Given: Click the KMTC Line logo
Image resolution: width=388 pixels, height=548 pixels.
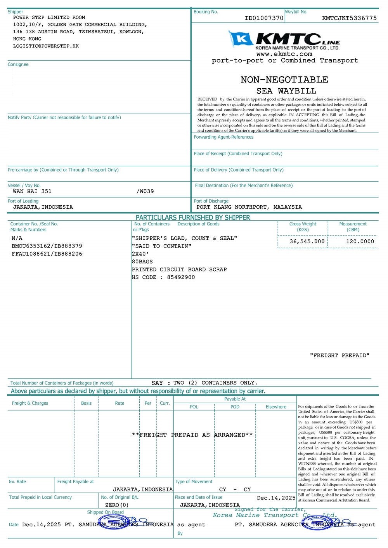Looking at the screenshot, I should coord(284,40).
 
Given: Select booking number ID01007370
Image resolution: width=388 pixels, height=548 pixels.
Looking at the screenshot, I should coord(264,18).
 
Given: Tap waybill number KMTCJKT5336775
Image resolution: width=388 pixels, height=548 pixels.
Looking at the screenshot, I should coord(349,18).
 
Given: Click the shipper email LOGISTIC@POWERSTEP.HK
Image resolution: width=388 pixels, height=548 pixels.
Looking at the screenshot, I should coord(46,46).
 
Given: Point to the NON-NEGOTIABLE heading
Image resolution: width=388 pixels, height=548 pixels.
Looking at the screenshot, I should coord(284,80).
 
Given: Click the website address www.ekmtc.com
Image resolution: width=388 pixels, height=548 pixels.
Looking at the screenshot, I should coord(284,54).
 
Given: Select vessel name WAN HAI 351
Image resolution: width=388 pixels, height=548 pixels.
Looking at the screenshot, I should coord(32,191).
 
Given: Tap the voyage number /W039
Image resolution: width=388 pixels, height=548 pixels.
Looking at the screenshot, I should coord(145,191).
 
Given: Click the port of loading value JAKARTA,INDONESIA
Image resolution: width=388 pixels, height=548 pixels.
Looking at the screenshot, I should coord(43,207).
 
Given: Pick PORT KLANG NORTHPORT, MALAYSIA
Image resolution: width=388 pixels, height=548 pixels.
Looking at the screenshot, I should coord(249,207).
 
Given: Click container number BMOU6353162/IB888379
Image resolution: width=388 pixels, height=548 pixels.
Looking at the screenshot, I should coord(47,246).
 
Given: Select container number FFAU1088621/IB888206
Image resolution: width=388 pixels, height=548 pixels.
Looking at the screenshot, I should coord(47,254).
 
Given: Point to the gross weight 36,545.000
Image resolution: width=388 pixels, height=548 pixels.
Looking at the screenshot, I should coord(307,242).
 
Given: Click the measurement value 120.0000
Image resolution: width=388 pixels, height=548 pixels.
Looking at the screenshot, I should coord(360,242).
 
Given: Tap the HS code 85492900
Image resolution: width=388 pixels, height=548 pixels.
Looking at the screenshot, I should coord(181,277).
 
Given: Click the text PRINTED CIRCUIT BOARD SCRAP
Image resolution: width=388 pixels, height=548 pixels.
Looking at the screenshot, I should coord(179,270).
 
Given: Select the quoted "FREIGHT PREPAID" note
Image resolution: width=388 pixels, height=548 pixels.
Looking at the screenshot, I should coord(339,356).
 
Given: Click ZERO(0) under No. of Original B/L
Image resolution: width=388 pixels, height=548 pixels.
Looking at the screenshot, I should coord(117,505).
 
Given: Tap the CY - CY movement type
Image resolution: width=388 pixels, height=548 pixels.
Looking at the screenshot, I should coord(235,490).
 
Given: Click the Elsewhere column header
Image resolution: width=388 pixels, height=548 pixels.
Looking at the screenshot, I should coord(276,407).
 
